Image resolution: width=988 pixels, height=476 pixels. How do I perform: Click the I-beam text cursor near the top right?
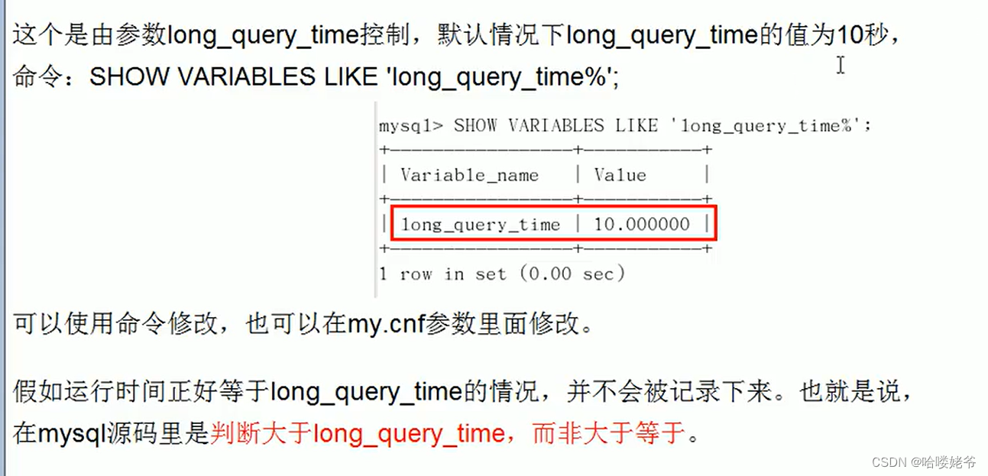tap(841, 66)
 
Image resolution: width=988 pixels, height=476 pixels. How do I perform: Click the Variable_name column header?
tap(469, 175)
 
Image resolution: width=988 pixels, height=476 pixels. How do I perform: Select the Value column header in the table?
tap(620, 175)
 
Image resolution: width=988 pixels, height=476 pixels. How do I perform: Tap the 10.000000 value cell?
tap(642, 225)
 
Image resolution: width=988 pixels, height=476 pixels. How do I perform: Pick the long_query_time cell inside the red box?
tap(481, 225)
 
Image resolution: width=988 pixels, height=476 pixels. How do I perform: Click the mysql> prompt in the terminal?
tap(410, 126)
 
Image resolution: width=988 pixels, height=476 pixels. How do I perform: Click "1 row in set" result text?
tap(442, 274)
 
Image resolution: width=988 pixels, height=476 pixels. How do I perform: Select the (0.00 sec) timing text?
tap(572, 274)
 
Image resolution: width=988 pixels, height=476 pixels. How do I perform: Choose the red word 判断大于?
tap(261, 434)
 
